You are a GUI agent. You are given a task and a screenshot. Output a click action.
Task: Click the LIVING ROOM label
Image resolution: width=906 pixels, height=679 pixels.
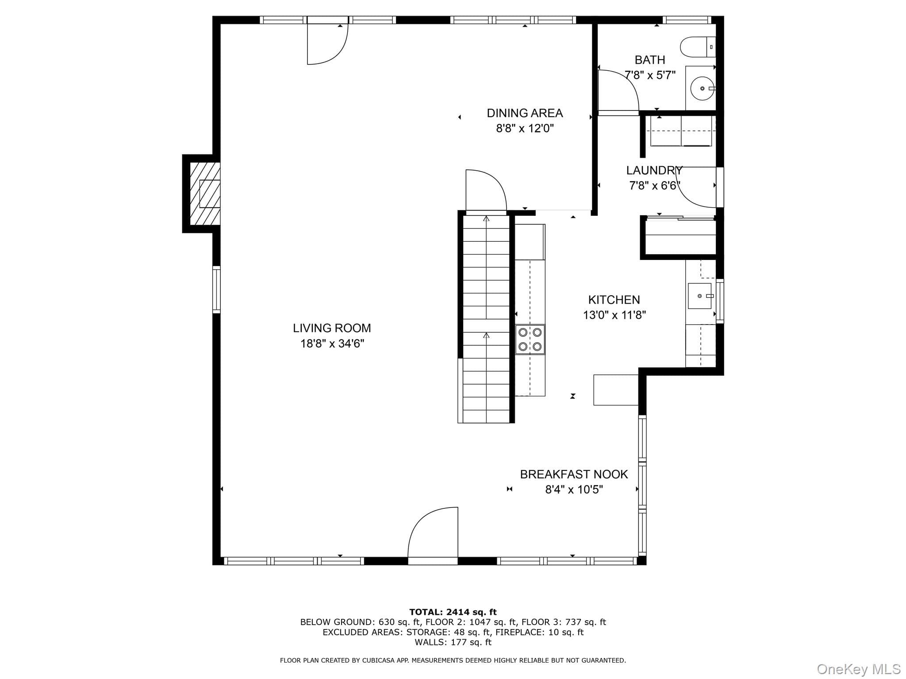point(332,328)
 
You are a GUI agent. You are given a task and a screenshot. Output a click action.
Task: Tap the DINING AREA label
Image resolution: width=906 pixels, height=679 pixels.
point(525,113)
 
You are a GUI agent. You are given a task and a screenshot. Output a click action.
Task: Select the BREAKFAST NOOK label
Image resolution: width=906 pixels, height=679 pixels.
point(574,474)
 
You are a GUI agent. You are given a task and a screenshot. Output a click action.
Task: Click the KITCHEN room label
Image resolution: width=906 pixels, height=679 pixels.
point(614,300)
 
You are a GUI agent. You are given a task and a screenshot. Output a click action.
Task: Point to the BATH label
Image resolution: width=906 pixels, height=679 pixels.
point(650,60)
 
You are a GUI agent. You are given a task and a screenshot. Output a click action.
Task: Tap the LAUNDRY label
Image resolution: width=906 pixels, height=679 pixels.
point(654,170)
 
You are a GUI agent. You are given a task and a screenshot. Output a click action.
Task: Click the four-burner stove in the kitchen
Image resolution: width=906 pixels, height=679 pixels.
point(530,339)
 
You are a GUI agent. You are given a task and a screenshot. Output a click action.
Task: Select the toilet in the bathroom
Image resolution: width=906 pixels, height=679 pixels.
point(698,47)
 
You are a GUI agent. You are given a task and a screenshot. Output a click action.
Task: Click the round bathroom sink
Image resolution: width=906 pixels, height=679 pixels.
point(702,88)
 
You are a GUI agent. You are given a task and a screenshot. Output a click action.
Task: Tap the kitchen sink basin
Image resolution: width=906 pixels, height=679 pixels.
point(699,296)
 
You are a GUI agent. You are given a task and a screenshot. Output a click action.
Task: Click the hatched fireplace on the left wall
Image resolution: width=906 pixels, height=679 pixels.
point(205,194)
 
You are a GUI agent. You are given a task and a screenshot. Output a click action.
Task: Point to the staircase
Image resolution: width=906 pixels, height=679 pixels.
point(486,319)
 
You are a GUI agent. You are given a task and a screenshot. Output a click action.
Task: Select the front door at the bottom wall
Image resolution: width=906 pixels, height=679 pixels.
point(432,536)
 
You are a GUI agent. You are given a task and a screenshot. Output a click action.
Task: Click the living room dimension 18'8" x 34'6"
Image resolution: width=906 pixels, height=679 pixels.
point(332,343)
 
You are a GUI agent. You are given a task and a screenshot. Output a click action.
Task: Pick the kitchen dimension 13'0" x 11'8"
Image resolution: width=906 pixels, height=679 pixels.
point(614,315)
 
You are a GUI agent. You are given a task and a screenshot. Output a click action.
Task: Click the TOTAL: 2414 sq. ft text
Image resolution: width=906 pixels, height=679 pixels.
point(453,612)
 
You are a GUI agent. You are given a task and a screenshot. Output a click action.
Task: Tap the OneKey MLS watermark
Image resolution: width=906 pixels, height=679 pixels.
point(859,669)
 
